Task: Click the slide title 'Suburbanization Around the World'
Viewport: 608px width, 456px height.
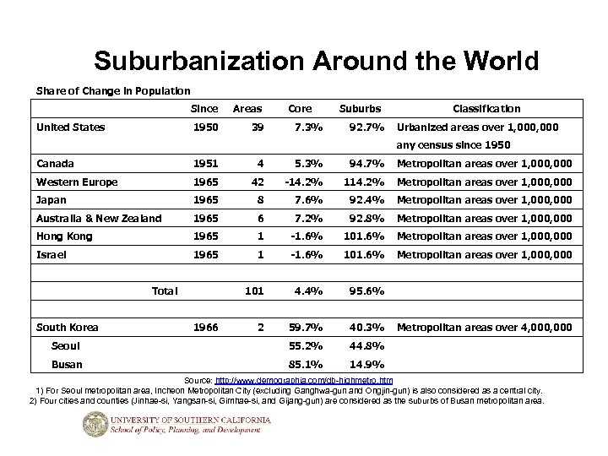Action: point(316,62)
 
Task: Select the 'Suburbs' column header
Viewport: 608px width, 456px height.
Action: point(361,108)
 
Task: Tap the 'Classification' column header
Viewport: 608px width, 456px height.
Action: point(486,108)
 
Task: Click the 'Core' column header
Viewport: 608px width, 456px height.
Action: point(300,108)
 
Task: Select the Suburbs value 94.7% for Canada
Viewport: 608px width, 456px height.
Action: point(366,163)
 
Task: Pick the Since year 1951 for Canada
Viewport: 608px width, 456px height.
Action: point(204,163)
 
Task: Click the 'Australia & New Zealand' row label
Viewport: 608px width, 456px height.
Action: point(99,218)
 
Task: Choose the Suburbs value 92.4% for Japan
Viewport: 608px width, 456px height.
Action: point(366,200)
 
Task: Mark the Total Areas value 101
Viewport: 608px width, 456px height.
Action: point(252,291)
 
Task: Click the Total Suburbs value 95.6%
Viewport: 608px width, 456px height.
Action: point(366,291)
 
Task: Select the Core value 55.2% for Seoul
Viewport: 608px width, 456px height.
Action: point(305,345)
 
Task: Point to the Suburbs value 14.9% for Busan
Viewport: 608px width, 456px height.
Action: point(366,365)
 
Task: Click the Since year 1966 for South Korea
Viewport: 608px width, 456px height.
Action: point(204,327)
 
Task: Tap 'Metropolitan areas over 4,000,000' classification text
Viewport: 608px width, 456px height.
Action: point(484,327)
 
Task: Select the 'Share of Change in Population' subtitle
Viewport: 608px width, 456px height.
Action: point(113,90)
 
